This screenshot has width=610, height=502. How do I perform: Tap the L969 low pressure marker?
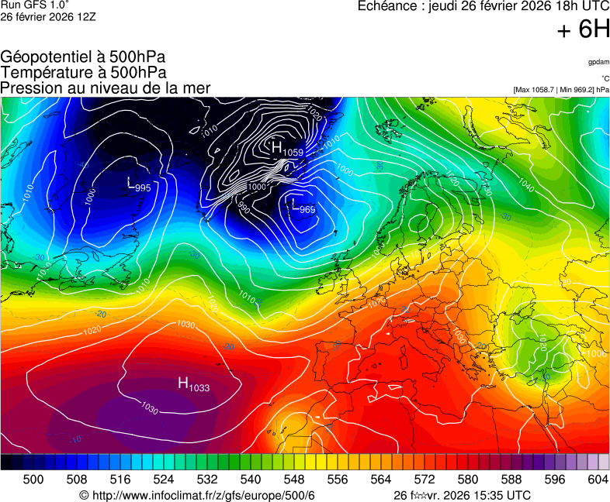pos(301,208)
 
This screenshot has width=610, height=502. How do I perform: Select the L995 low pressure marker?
pos(138,185)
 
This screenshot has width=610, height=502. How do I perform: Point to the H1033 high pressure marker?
pos(193,383)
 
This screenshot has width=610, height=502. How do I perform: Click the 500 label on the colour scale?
pos(33,480)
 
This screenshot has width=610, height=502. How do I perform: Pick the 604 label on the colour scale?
pos(598,480)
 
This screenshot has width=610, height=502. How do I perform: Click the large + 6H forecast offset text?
pos(584,29)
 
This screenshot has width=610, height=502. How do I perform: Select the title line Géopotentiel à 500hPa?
pos(83,57)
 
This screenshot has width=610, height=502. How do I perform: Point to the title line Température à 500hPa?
pos(83,72)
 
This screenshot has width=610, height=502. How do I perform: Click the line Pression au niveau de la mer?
pos(105,88)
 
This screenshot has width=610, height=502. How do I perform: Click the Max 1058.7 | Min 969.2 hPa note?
pos(561,90)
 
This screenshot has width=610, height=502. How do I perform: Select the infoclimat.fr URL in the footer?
pos(197,495)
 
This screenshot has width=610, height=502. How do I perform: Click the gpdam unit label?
pos(598,61)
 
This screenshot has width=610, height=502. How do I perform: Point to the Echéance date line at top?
pos(483,6)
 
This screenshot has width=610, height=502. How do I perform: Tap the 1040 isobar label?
pos(525,187)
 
